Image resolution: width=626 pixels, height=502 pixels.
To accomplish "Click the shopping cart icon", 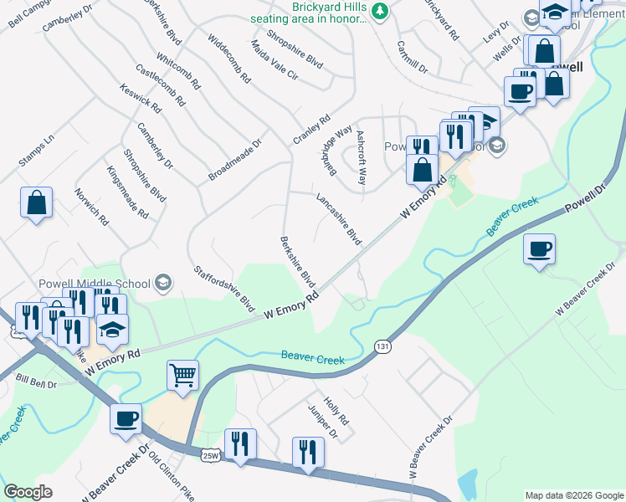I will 182,375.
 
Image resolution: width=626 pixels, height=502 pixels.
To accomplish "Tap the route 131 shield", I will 383,346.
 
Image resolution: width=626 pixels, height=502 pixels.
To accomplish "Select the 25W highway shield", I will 211,455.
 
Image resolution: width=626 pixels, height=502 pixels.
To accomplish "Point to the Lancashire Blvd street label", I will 338,220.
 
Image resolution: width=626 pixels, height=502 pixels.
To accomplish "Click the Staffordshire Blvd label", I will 224,289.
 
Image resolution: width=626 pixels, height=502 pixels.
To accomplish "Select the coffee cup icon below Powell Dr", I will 539,248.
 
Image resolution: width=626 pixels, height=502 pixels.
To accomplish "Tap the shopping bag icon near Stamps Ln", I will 37,202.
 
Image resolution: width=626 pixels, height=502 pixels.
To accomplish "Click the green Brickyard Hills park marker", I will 381,11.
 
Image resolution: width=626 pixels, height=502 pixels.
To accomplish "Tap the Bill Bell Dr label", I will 35,382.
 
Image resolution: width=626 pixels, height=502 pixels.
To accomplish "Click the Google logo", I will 28,492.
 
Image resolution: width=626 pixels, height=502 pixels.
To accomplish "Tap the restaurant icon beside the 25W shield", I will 241,444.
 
